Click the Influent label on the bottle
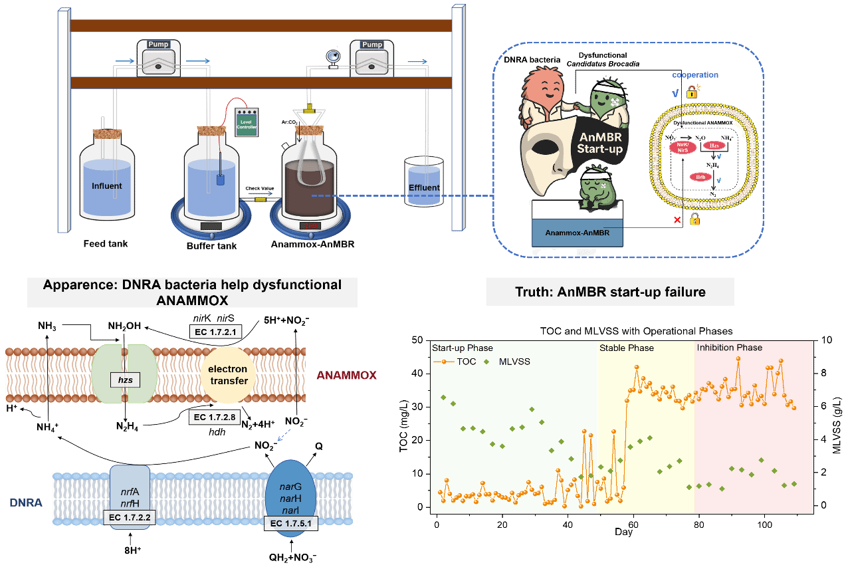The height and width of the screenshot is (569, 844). [x=106, y=185]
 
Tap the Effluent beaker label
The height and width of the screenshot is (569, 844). [x=424, y=187]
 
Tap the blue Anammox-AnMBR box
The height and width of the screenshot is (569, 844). [x=577, y=233]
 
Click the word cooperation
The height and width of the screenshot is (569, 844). [x=694, y=75]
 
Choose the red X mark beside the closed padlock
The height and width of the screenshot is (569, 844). [x=677, y=220]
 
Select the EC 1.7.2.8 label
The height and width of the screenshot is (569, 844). [x=215, y=417]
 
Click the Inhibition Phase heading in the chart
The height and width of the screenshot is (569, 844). [x=729, y=348]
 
